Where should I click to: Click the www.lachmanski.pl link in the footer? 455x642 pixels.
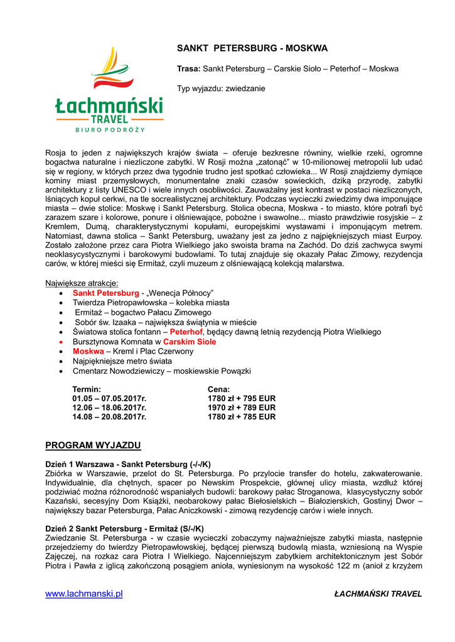point(83,594)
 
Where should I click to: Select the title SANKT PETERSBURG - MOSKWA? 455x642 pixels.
point(252,48)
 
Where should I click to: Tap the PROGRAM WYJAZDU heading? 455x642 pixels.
point(93,446)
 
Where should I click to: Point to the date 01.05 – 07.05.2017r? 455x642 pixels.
point(109,398)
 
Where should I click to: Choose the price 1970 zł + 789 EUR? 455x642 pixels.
point(242,408)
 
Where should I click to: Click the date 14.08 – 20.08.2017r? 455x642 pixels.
point(109,416)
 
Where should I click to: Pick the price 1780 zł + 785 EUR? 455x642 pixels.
point(242,416)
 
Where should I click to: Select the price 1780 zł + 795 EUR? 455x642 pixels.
point(242,398)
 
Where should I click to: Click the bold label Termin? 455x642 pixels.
point(87,389)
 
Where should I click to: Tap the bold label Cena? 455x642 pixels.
point(219,389)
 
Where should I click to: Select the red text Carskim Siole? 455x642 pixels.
point(190,342)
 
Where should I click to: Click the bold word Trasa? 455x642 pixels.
point(189,68)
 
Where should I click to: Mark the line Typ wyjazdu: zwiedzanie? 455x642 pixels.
point(221,88)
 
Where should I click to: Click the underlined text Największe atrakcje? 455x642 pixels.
point(82,283)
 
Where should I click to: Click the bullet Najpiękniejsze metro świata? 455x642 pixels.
point(122,361)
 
